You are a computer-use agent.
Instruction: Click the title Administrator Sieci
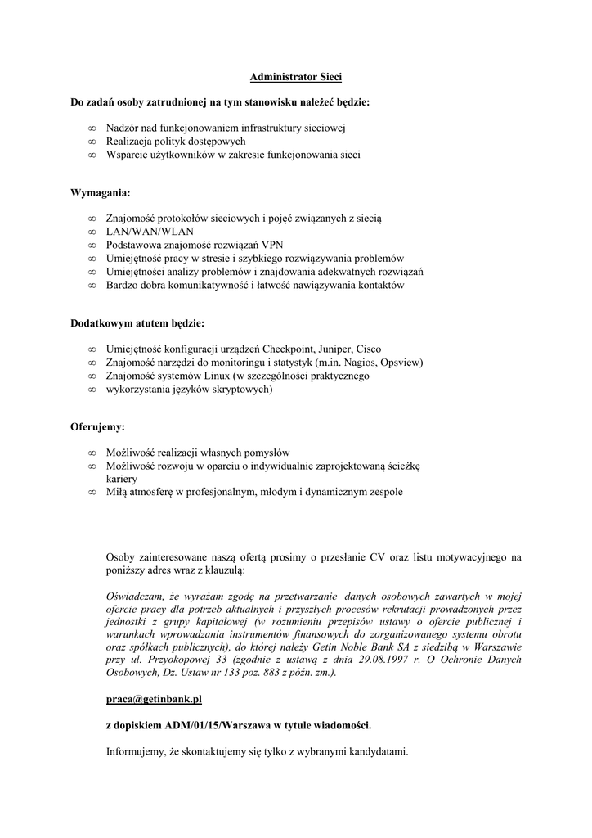[x=295, y=77]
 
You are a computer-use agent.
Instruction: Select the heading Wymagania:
[x=100, y=193]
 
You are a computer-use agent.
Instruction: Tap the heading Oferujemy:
[x=97, y=426]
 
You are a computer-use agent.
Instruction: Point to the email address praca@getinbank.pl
[x=154, y=699]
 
